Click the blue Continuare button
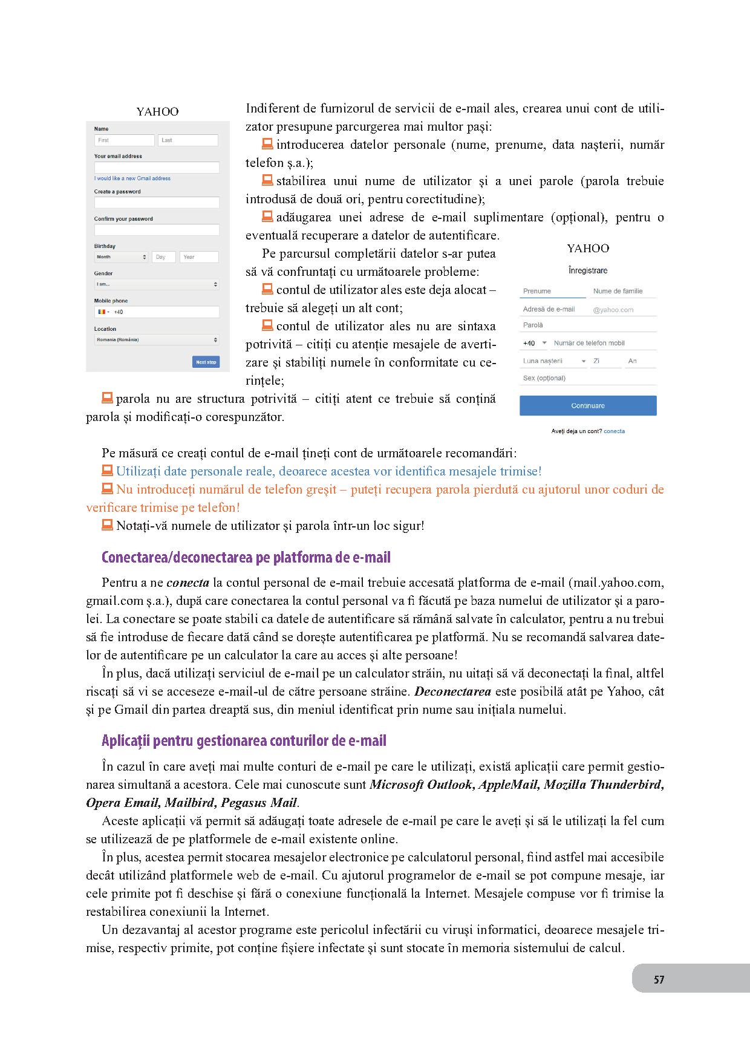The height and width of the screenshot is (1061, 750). coord(587,406)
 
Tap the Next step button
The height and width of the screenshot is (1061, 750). coord(206,362)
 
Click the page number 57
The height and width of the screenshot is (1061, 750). coord(659,979)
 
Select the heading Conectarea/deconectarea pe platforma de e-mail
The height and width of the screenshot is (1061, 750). coord(246,557)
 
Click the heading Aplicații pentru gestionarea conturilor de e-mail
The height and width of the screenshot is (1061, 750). coord(244,741)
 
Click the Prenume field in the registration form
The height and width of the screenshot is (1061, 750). coord(552,291)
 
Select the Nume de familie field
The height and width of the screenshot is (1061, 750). coord(622,291)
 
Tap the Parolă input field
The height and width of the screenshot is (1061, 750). coord(587,325)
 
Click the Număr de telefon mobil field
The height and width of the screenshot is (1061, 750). coord(602,343)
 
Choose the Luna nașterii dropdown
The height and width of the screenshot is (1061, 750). coord(554,361)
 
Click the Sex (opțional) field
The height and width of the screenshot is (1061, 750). coord(587,378)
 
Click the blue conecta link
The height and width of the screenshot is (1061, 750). coord(614,431)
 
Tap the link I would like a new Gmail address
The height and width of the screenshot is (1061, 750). coord(132,178)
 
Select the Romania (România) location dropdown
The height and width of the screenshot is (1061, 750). coord(157,340)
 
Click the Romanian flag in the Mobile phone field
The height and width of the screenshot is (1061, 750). coord(102,312)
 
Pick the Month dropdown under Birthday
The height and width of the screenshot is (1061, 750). coord(121,257)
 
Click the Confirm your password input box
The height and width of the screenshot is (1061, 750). coord(157,230)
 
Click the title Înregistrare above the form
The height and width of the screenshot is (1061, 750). coord(587,270)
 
